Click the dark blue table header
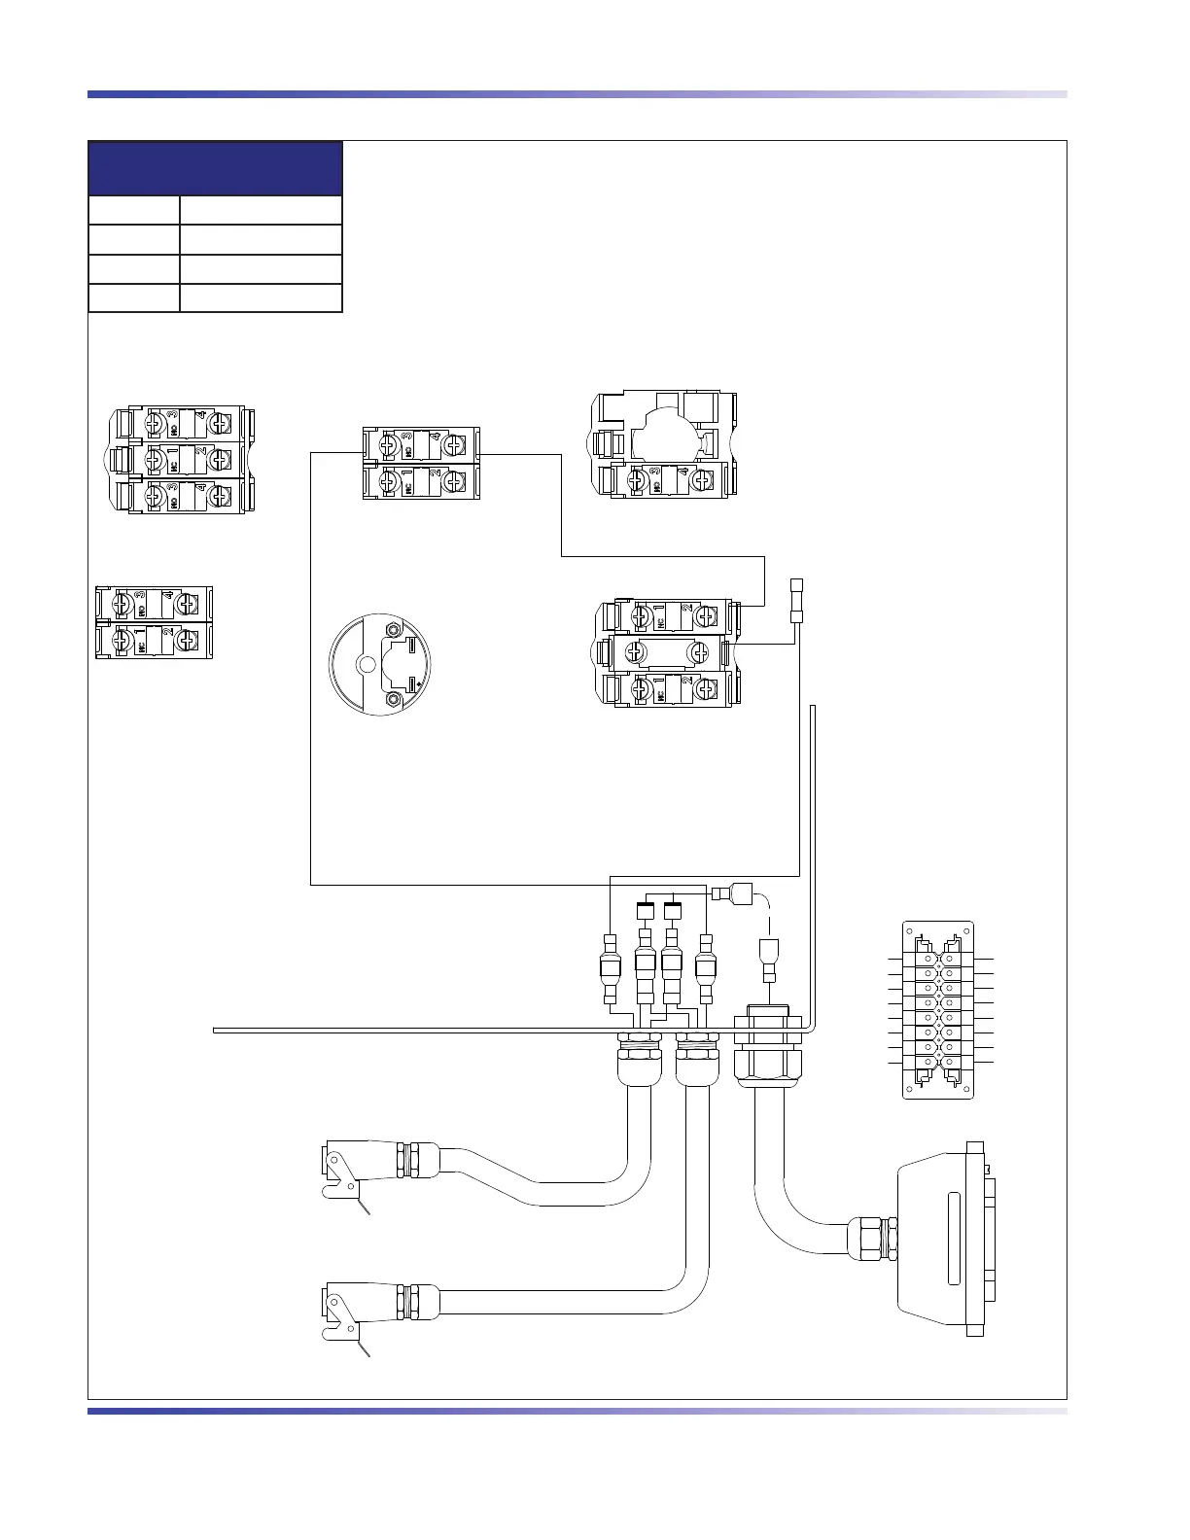[215, 168]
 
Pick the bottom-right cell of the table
[261, 298]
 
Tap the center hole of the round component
[367, 665]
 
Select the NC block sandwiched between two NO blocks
[185, 458]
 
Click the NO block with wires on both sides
[421, 445]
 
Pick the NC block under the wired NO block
[421, 481]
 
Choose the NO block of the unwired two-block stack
[154, 605]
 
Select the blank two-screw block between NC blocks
[668, 651]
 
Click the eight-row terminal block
[938, 1010]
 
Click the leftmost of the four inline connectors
[610, 966]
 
